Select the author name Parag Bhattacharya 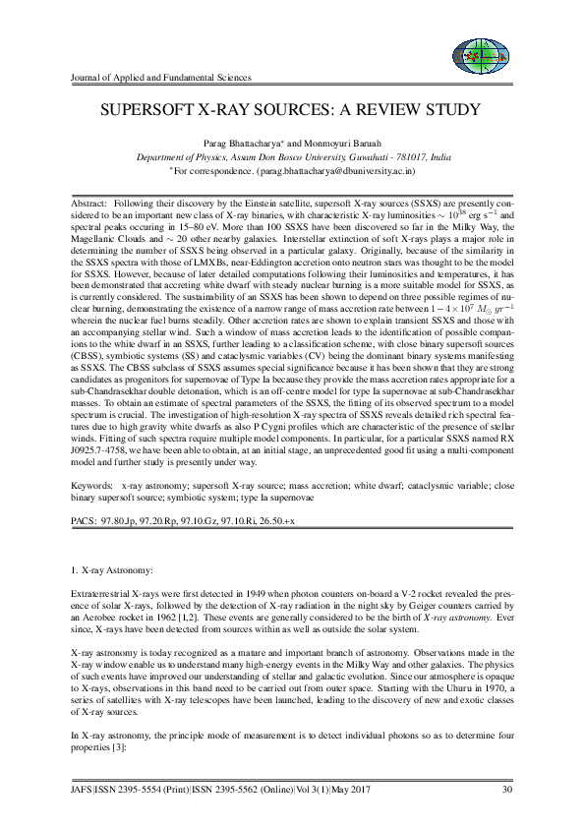tap(248, 143)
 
